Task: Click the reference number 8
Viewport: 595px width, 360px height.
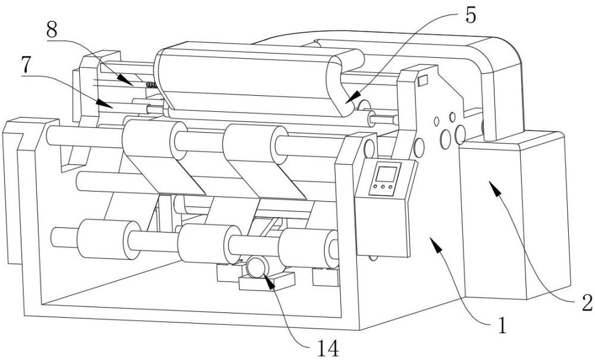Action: pyautogui.click(x=52, y=30)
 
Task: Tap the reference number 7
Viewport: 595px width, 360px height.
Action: pyautogui.click(x=26, y=65)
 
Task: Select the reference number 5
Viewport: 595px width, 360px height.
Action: pyautogui.click(x=470, y=15)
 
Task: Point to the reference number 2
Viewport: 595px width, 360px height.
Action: pyautogui.click(x=587, y=302)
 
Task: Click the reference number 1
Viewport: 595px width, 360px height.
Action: pyautogui.click(x=502, y=325)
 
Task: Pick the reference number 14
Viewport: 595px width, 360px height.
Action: pyautogui.click(x=328, y=348)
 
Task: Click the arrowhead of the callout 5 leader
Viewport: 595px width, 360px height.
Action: pyautogui.click(x=352, y=98)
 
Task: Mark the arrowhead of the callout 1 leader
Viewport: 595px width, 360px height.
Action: pyautogui.click(x=437, y=244)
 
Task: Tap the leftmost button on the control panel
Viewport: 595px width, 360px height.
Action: pyautogui.click(x=375, y=187)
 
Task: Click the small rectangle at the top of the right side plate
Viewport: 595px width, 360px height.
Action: pyautogui.click(x=422, y=81)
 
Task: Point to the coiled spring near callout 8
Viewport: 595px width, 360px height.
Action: pyautogui.click(x=152, y=85)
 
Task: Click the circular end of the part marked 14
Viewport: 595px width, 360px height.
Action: pyautogui.click(x=258, y=267)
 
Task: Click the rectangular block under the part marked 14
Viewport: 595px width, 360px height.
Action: pyautogui.click(x=267, y=281)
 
